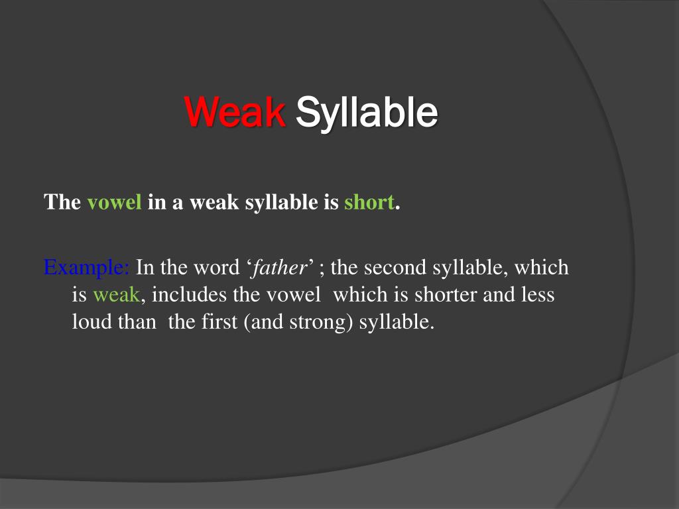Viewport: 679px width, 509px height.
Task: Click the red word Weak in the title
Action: point(235,112)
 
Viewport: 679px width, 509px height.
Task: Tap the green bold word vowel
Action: point(115,203)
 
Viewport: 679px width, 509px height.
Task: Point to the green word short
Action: point(369,203)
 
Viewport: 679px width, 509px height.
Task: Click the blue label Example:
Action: point(87,268)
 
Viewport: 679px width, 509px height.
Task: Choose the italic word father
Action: point(278,268)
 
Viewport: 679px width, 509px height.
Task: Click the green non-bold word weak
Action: point(116,296)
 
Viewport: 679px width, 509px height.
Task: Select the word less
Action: point(537,296)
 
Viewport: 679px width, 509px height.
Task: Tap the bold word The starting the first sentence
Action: point(62,203)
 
